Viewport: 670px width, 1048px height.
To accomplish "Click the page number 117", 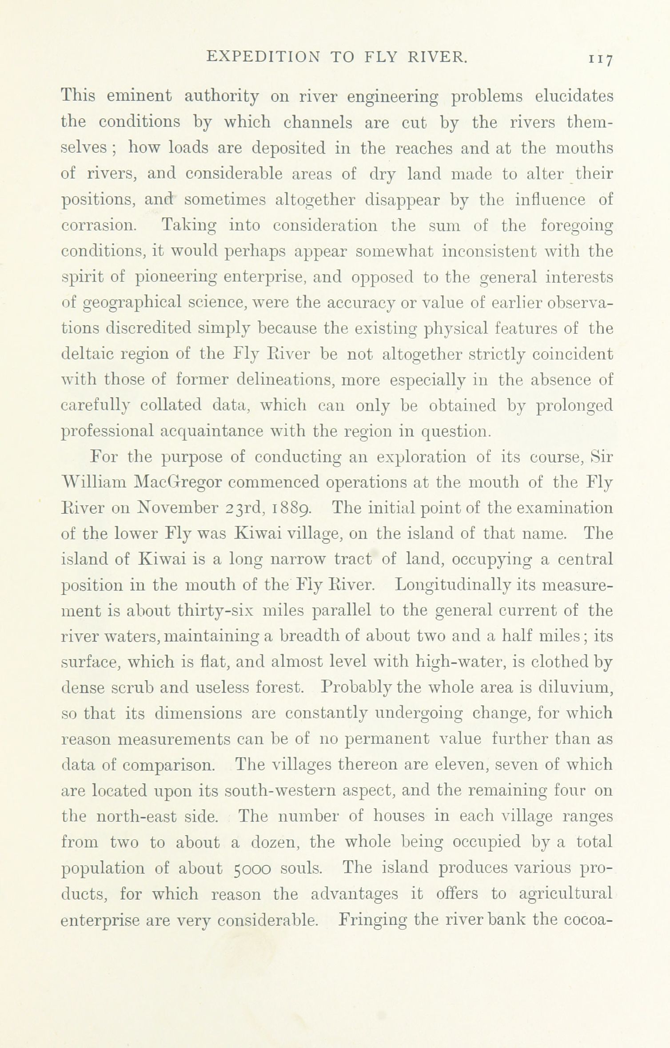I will (600, 59).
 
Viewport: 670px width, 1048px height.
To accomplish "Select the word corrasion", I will (99, 226).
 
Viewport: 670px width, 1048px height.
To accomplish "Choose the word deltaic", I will (90, 354).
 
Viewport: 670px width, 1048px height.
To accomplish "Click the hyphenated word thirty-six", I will (215, 611).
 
